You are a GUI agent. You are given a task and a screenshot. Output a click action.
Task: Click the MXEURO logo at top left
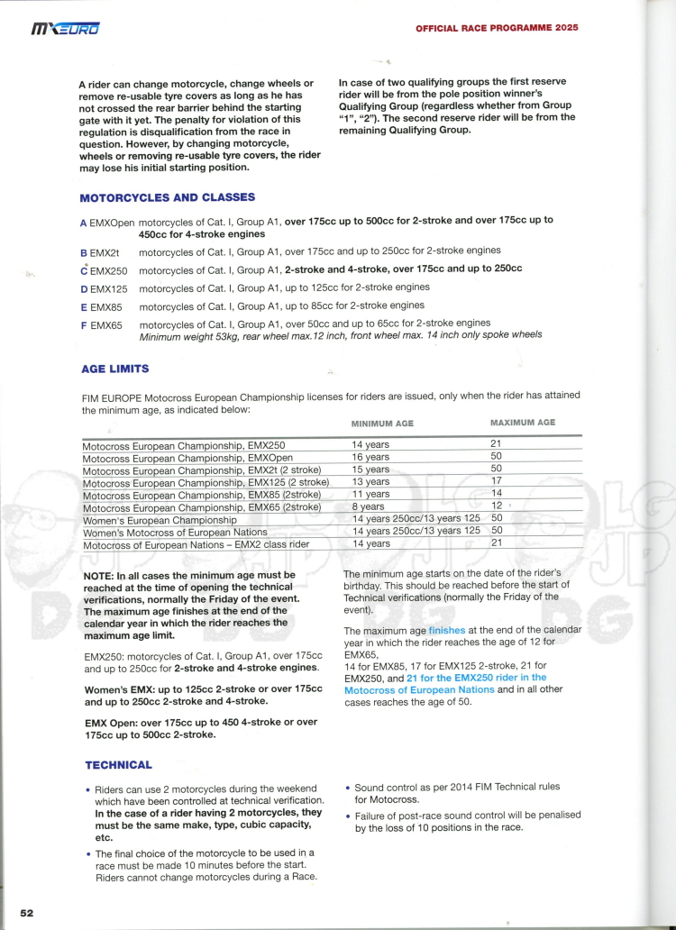66,30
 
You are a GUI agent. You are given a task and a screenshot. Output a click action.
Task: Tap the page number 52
27,912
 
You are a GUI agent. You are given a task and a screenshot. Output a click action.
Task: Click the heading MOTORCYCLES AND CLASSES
167,197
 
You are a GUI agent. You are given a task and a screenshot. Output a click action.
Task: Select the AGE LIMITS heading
114,369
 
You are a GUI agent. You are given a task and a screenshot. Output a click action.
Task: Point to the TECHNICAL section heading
118,765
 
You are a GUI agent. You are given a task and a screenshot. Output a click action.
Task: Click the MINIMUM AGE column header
382,423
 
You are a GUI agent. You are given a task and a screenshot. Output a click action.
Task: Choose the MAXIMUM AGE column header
523,422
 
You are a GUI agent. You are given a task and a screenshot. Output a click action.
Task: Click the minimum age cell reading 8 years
370,506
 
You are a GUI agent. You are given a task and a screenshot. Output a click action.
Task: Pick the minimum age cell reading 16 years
371,457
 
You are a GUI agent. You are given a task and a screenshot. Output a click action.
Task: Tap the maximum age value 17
496,481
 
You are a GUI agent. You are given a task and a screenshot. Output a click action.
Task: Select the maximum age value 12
496,506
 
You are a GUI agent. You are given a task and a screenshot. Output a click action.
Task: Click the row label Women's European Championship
160,520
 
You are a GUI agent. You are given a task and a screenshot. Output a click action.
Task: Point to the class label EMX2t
105,251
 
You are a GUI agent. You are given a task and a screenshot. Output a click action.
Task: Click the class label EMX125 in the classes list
109,287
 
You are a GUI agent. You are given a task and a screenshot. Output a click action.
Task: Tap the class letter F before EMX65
84,324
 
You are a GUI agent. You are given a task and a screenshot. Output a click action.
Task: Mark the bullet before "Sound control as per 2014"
347,788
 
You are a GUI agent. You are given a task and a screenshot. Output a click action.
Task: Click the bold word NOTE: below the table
98,575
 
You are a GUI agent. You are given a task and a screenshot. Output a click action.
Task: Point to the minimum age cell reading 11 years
371,494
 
